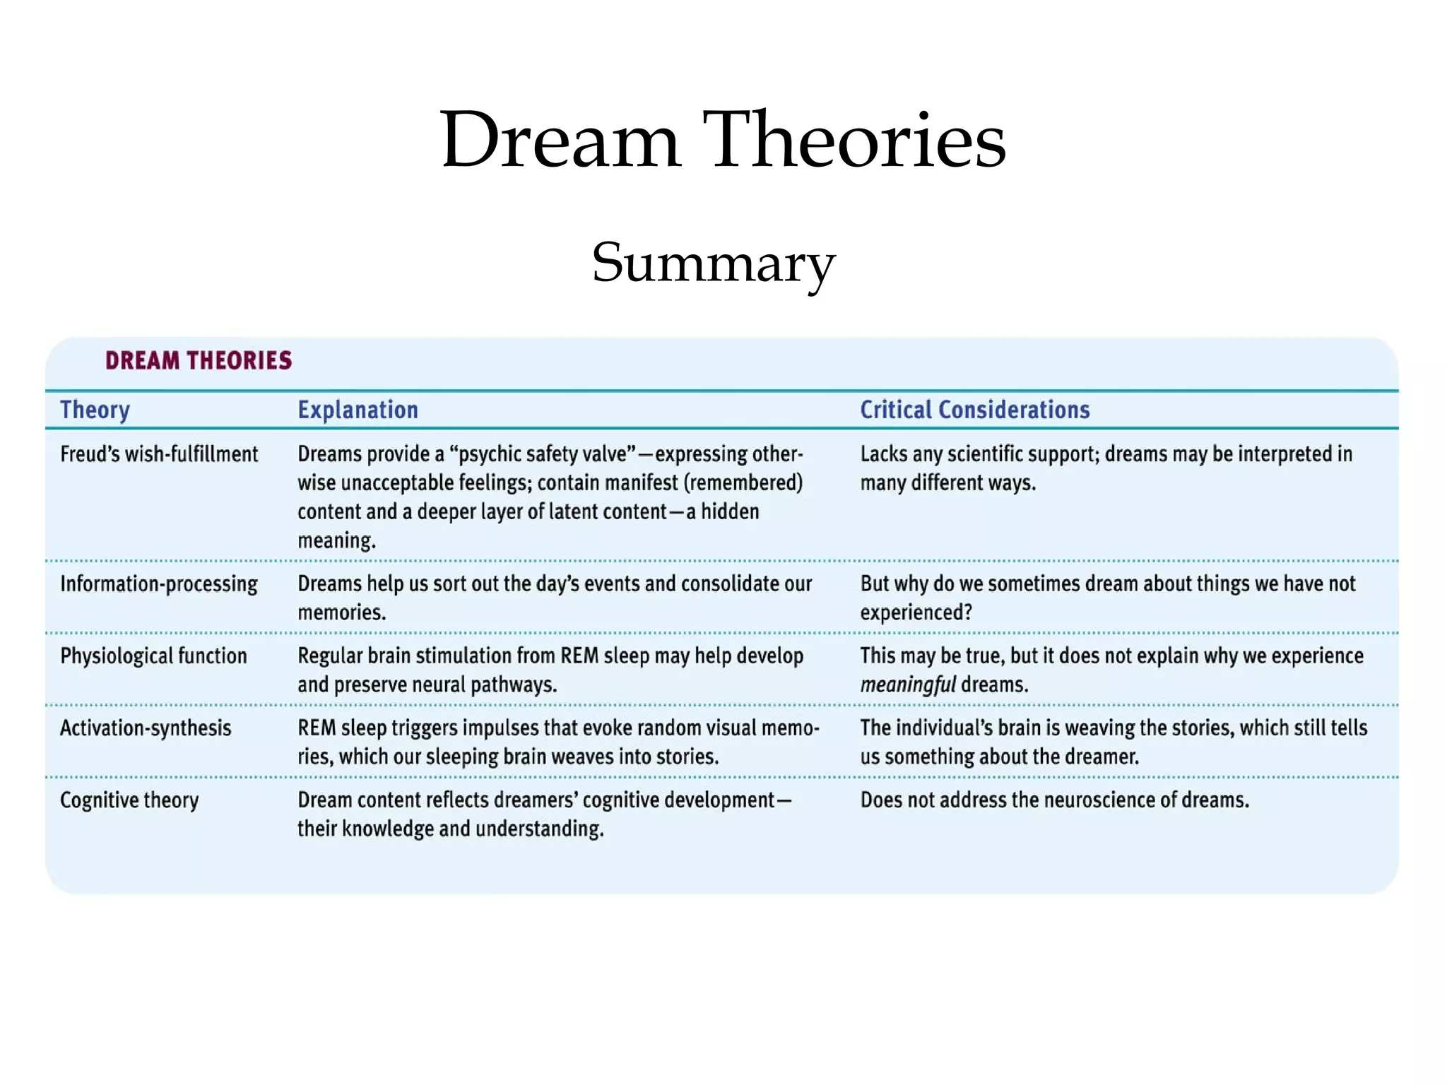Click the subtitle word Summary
(x=714, y=263)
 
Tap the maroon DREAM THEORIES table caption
(x=199, y=361)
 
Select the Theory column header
(x=95, y=410)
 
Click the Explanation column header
(x=358, y=410)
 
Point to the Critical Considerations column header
(x=974, y=410)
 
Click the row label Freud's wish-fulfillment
(x=159, y=454)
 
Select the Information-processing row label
(x=159, y=584)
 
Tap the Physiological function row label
(x=153, y=656)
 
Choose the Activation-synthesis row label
(x=146, y=728)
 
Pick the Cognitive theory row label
(x=129, y=800)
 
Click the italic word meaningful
(x=908, y=685)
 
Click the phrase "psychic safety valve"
(x=543, y=454)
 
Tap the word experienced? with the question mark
(x=916, y=612)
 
